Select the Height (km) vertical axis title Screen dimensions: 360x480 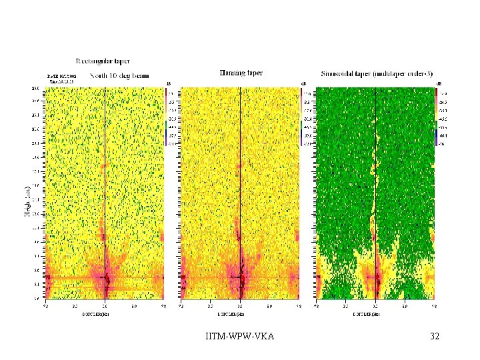coord(27,200)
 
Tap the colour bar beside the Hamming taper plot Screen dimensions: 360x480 coord(301,117)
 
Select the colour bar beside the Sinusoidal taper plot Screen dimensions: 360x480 coord(436,117)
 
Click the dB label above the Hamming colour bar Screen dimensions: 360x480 coord(303,83)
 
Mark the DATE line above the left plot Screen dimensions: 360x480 coord(61,77)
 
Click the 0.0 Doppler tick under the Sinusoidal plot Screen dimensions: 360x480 coord(376,307)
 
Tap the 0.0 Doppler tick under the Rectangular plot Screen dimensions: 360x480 coord(105,307)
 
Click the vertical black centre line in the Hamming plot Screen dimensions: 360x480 coord(240,167)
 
